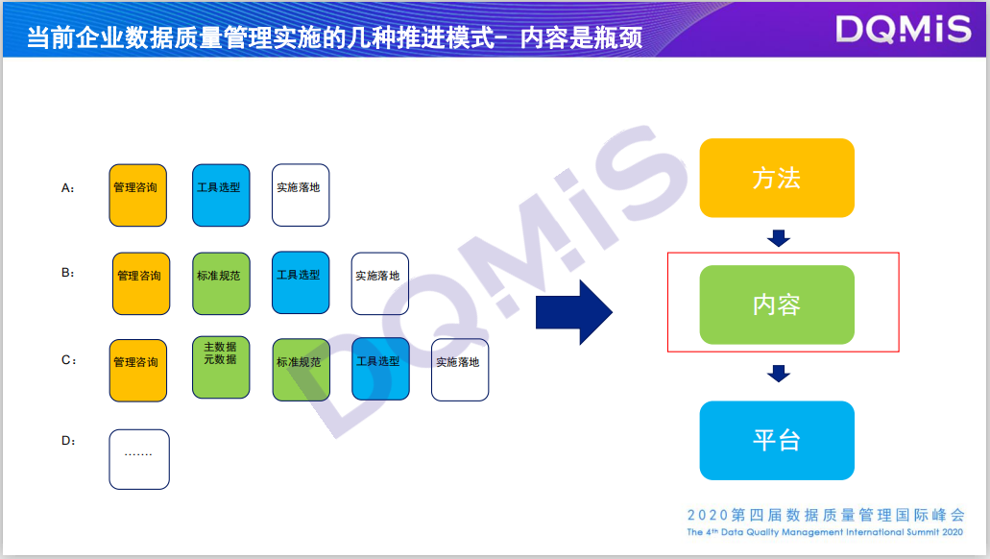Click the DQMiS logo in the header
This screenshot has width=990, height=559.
pyautogui.click(x=903, y=30)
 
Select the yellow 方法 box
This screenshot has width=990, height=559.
pyautogui.click(x=777, y=178)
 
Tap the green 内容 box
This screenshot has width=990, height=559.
pyautogui.click(x=777, y=304)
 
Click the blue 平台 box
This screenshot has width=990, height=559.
pyautogui.click(x=777, y=440)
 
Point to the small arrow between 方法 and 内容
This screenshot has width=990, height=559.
pyautogui.click(x=779, y=238)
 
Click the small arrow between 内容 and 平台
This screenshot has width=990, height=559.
pyautogui.click(x=779, y=373)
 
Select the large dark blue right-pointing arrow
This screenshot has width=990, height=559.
pyautogui.click(x=573, y=311)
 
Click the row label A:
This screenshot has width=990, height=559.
pyautogui.click(x=68, y=189)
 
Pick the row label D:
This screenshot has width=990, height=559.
pyautogui.click(x=68, y=441)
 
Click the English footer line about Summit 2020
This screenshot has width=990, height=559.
pyautogui.click(x=825, y=532)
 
